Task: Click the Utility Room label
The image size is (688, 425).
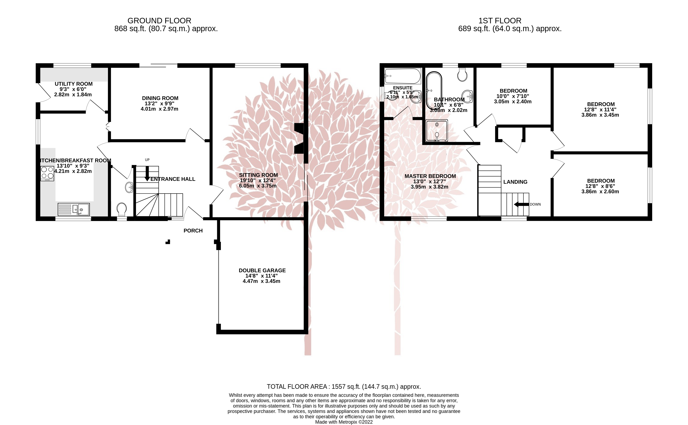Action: (73, 84)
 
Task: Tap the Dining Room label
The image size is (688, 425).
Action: (160, 98)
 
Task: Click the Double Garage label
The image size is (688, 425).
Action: (262, 270)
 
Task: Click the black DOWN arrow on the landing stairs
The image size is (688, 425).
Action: (521, 204)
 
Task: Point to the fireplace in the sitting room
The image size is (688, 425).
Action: (299, 139)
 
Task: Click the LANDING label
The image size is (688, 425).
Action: (515, 182)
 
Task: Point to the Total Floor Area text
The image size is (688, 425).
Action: (344, 387)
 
